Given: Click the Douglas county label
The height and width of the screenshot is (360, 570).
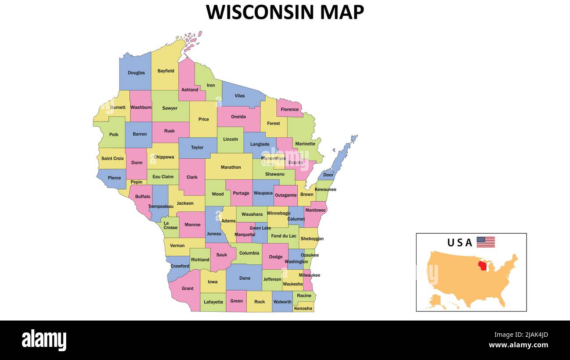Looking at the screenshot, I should [136, 73].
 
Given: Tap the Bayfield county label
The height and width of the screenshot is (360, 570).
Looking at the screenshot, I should [166, 71].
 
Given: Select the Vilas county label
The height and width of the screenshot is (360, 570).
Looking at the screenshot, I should [239, 96].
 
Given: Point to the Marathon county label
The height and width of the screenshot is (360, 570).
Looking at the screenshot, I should [231, 167].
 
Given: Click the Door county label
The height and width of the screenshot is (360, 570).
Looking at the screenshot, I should [328, 175].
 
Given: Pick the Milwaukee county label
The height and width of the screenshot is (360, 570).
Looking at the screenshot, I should [310, 275].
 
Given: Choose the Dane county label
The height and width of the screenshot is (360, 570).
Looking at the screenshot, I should [245, 278].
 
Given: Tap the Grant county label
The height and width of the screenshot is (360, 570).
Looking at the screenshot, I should [187, 289].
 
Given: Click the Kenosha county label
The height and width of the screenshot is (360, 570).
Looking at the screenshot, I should [303, 308].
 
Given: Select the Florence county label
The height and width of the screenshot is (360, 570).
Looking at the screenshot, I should [290, 110].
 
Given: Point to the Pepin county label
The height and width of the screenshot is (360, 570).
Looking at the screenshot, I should [136, 182].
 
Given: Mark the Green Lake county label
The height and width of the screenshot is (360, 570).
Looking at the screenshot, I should [260, 228].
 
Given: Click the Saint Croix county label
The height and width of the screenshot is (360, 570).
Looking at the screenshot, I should [113, 158].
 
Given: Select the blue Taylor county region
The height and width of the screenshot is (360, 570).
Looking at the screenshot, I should [197, 145].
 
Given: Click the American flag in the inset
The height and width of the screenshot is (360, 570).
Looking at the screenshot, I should [485, 242].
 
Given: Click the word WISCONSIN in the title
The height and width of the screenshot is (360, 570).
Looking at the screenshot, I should [260, 12].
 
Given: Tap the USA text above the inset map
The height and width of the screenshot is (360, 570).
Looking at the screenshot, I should [460, 242].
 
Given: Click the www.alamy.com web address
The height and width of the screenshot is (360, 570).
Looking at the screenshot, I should [518, 345].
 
